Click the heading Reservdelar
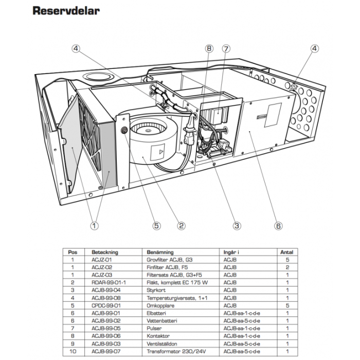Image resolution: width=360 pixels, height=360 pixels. [x=66, y=11]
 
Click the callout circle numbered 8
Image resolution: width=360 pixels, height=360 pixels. [x=208, y=49]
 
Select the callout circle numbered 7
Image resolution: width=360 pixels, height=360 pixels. [x=226, y=49]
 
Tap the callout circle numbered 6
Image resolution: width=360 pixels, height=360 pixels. [x=278, y=225]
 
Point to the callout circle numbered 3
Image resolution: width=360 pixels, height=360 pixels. [x=237, y=225]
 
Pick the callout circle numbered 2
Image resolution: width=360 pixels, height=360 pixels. [x=181, y=225]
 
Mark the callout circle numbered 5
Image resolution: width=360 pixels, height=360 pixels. [x=156, y=225]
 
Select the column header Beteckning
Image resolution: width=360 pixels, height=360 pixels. [x=105, y=253]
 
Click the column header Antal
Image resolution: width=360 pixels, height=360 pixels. [x=286, y=253]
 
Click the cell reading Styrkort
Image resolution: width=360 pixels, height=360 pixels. [x=156, y=290]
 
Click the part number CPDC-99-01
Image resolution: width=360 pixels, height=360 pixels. [x=106, y=305]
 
